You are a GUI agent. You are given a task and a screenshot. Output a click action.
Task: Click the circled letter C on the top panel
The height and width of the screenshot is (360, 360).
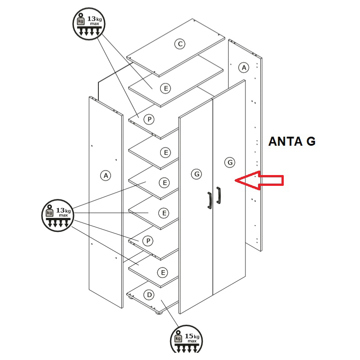[180, 44]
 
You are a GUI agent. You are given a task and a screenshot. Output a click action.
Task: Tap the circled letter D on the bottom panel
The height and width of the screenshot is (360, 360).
[149, 295]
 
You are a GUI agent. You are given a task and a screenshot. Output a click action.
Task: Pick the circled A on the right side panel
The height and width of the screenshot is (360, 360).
[244, 68]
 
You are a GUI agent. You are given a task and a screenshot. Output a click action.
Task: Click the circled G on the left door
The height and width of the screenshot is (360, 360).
[196, 174]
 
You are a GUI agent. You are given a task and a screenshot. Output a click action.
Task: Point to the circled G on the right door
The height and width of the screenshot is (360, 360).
[230, 162]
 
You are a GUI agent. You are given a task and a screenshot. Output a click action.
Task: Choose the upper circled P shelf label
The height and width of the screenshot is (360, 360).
[149, 119]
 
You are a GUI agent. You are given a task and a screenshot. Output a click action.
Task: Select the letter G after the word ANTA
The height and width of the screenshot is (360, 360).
[310, 142]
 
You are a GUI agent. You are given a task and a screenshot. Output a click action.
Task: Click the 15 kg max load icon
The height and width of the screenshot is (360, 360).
[186, 339]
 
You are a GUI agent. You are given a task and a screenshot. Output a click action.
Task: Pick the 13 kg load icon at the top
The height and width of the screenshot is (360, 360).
[88, 24]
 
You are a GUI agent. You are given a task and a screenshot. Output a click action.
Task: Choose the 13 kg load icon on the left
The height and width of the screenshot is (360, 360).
[57, 214]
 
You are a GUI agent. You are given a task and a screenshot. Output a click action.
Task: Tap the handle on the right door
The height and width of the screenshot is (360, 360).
[219, 195]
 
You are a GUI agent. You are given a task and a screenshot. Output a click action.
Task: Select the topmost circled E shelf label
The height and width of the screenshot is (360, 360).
[166, 88]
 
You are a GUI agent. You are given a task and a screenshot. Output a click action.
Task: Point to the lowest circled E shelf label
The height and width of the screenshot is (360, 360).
[163, 272]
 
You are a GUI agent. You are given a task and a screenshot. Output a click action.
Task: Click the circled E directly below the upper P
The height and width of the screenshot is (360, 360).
[166, 153]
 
